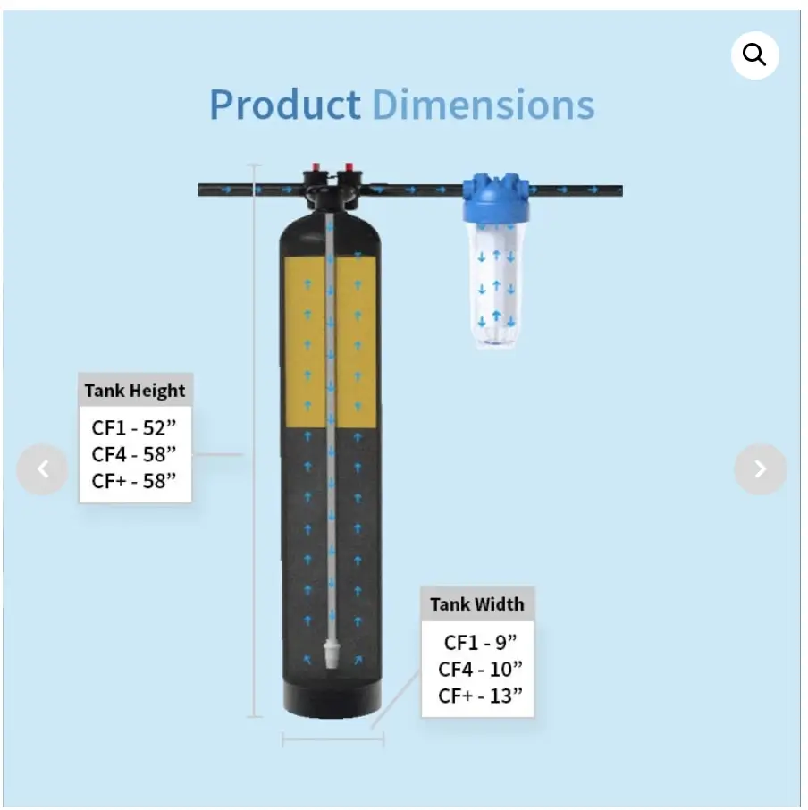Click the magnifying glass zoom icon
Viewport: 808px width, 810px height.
[754, 55]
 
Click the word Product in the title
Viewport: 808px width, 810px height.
[284, 105]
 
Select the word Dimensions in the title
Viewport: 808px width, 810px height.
[484, 105]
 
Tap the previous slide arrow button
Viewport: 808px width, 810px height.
[42, 469]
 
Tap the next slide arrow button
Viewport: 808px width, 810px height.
[760, 469]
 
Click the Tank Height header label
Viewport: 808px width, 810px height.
[135, 391]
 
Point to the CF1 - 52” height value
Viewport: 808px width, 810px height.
[134, 427]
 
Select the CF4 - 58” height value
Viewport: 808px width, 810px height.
[134, 454]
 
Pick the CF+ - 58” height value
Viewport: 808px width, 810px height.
[134, 481]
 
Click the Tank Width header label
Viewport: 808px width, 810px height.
[477, 604]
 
